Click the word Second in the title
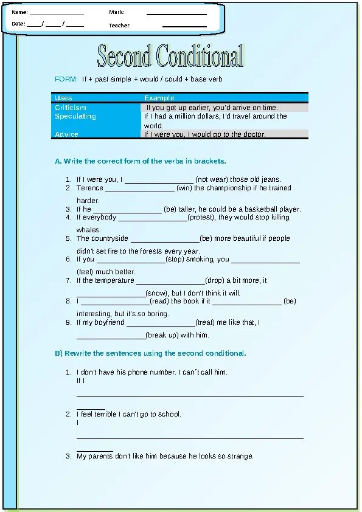(x=124, y=57)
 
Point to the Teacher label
(x=120, y=26)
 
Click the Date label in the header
(x=18, y=24)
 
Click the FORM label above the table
(x=66, y=80)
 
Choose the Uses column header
(x=63, y=98)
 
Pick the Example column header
(x=159, y=98)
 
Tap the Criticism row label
(x=71, y=108)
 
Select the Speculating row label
(x=75, y=116)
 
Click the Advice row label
(x=66, y=134)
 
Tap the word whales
(x=88, y=230)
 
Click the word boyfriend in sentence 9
(x=110, y=322)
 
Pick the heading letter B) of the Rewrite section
(x=59, y=353)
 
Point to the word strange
(x=240, y=456)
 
